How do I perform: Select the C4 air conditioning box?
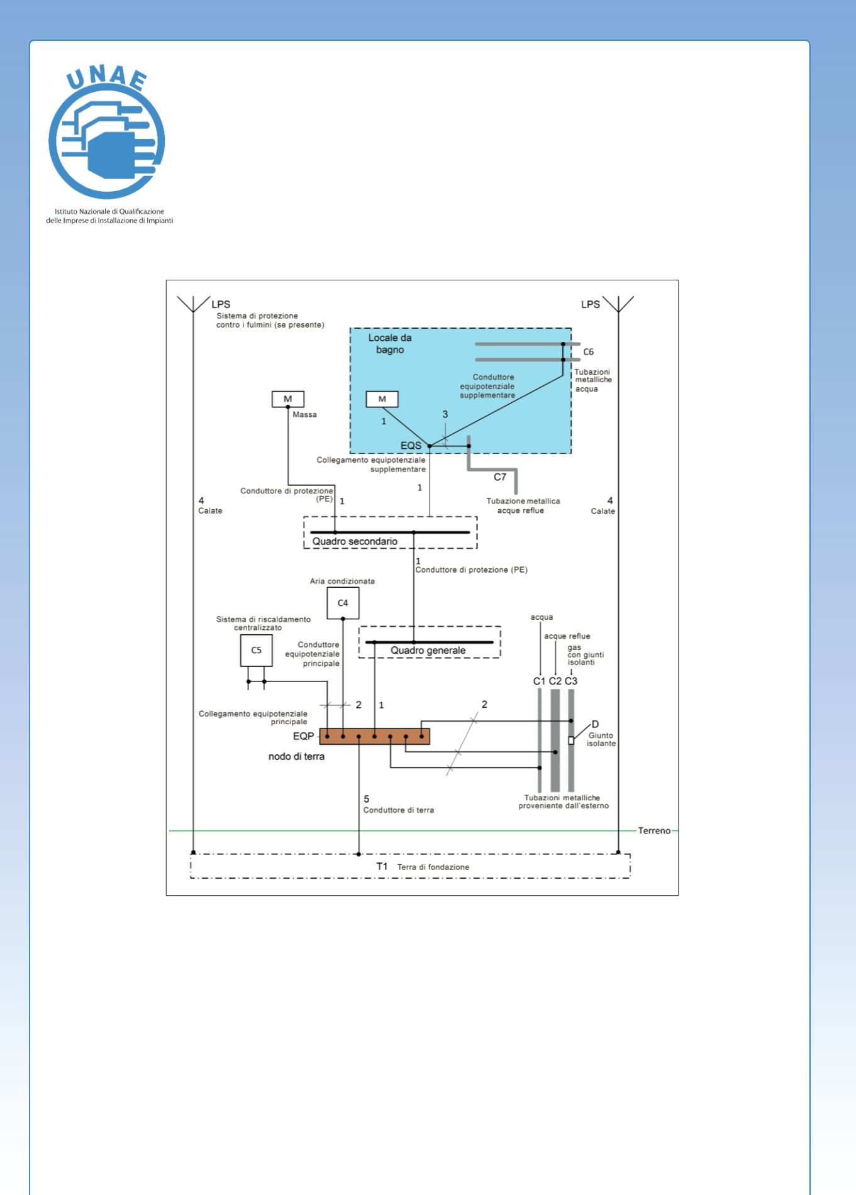point(343,603)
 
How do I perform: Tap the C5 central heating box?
point(256,650)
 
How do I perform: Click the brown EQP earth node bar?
point(374,736)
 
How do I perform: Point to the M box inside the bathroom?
point(382,399)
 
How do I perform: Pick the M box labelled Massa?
point(288,399)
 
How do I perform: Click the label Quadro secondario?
point(355,541)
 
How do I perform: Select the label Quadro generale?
point(428,651)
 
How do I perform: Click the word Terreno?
point(654,830)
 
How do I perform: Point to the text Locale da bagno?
point(390,344)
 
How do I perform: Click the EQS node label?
point(411,446)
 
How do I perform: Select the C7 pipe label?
point(499,477)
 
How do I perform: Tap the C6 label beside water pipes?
point(588,352)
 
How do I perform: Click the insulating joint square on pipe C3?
point(571,741)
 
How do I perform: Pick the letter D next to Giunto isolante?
point(595,724)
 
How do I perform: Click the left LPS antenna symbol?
point(193,304)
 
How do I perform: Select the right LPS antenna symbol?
point(618,304)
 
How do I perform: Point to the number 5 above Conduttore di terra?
point(367,799)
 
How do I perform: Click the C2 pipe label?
point(555,681)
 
